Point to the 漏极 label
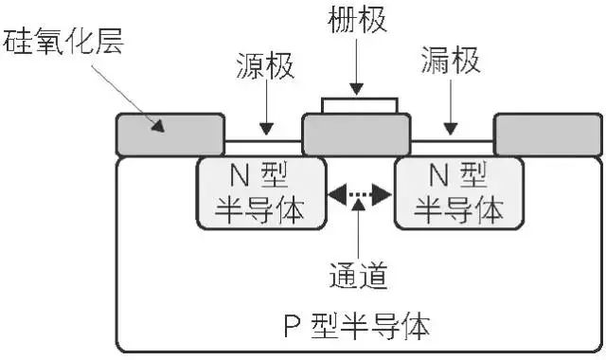coord(450,64)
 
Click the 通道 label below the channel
coord(357,276)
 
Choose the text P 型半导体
coord(357,327)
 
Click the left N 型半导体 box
coord(258,193)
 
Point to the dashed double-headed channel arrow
coord(358,195)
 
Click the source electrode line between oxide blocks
coord(262,142)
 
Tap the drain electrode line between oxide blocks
coord(453,142)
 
